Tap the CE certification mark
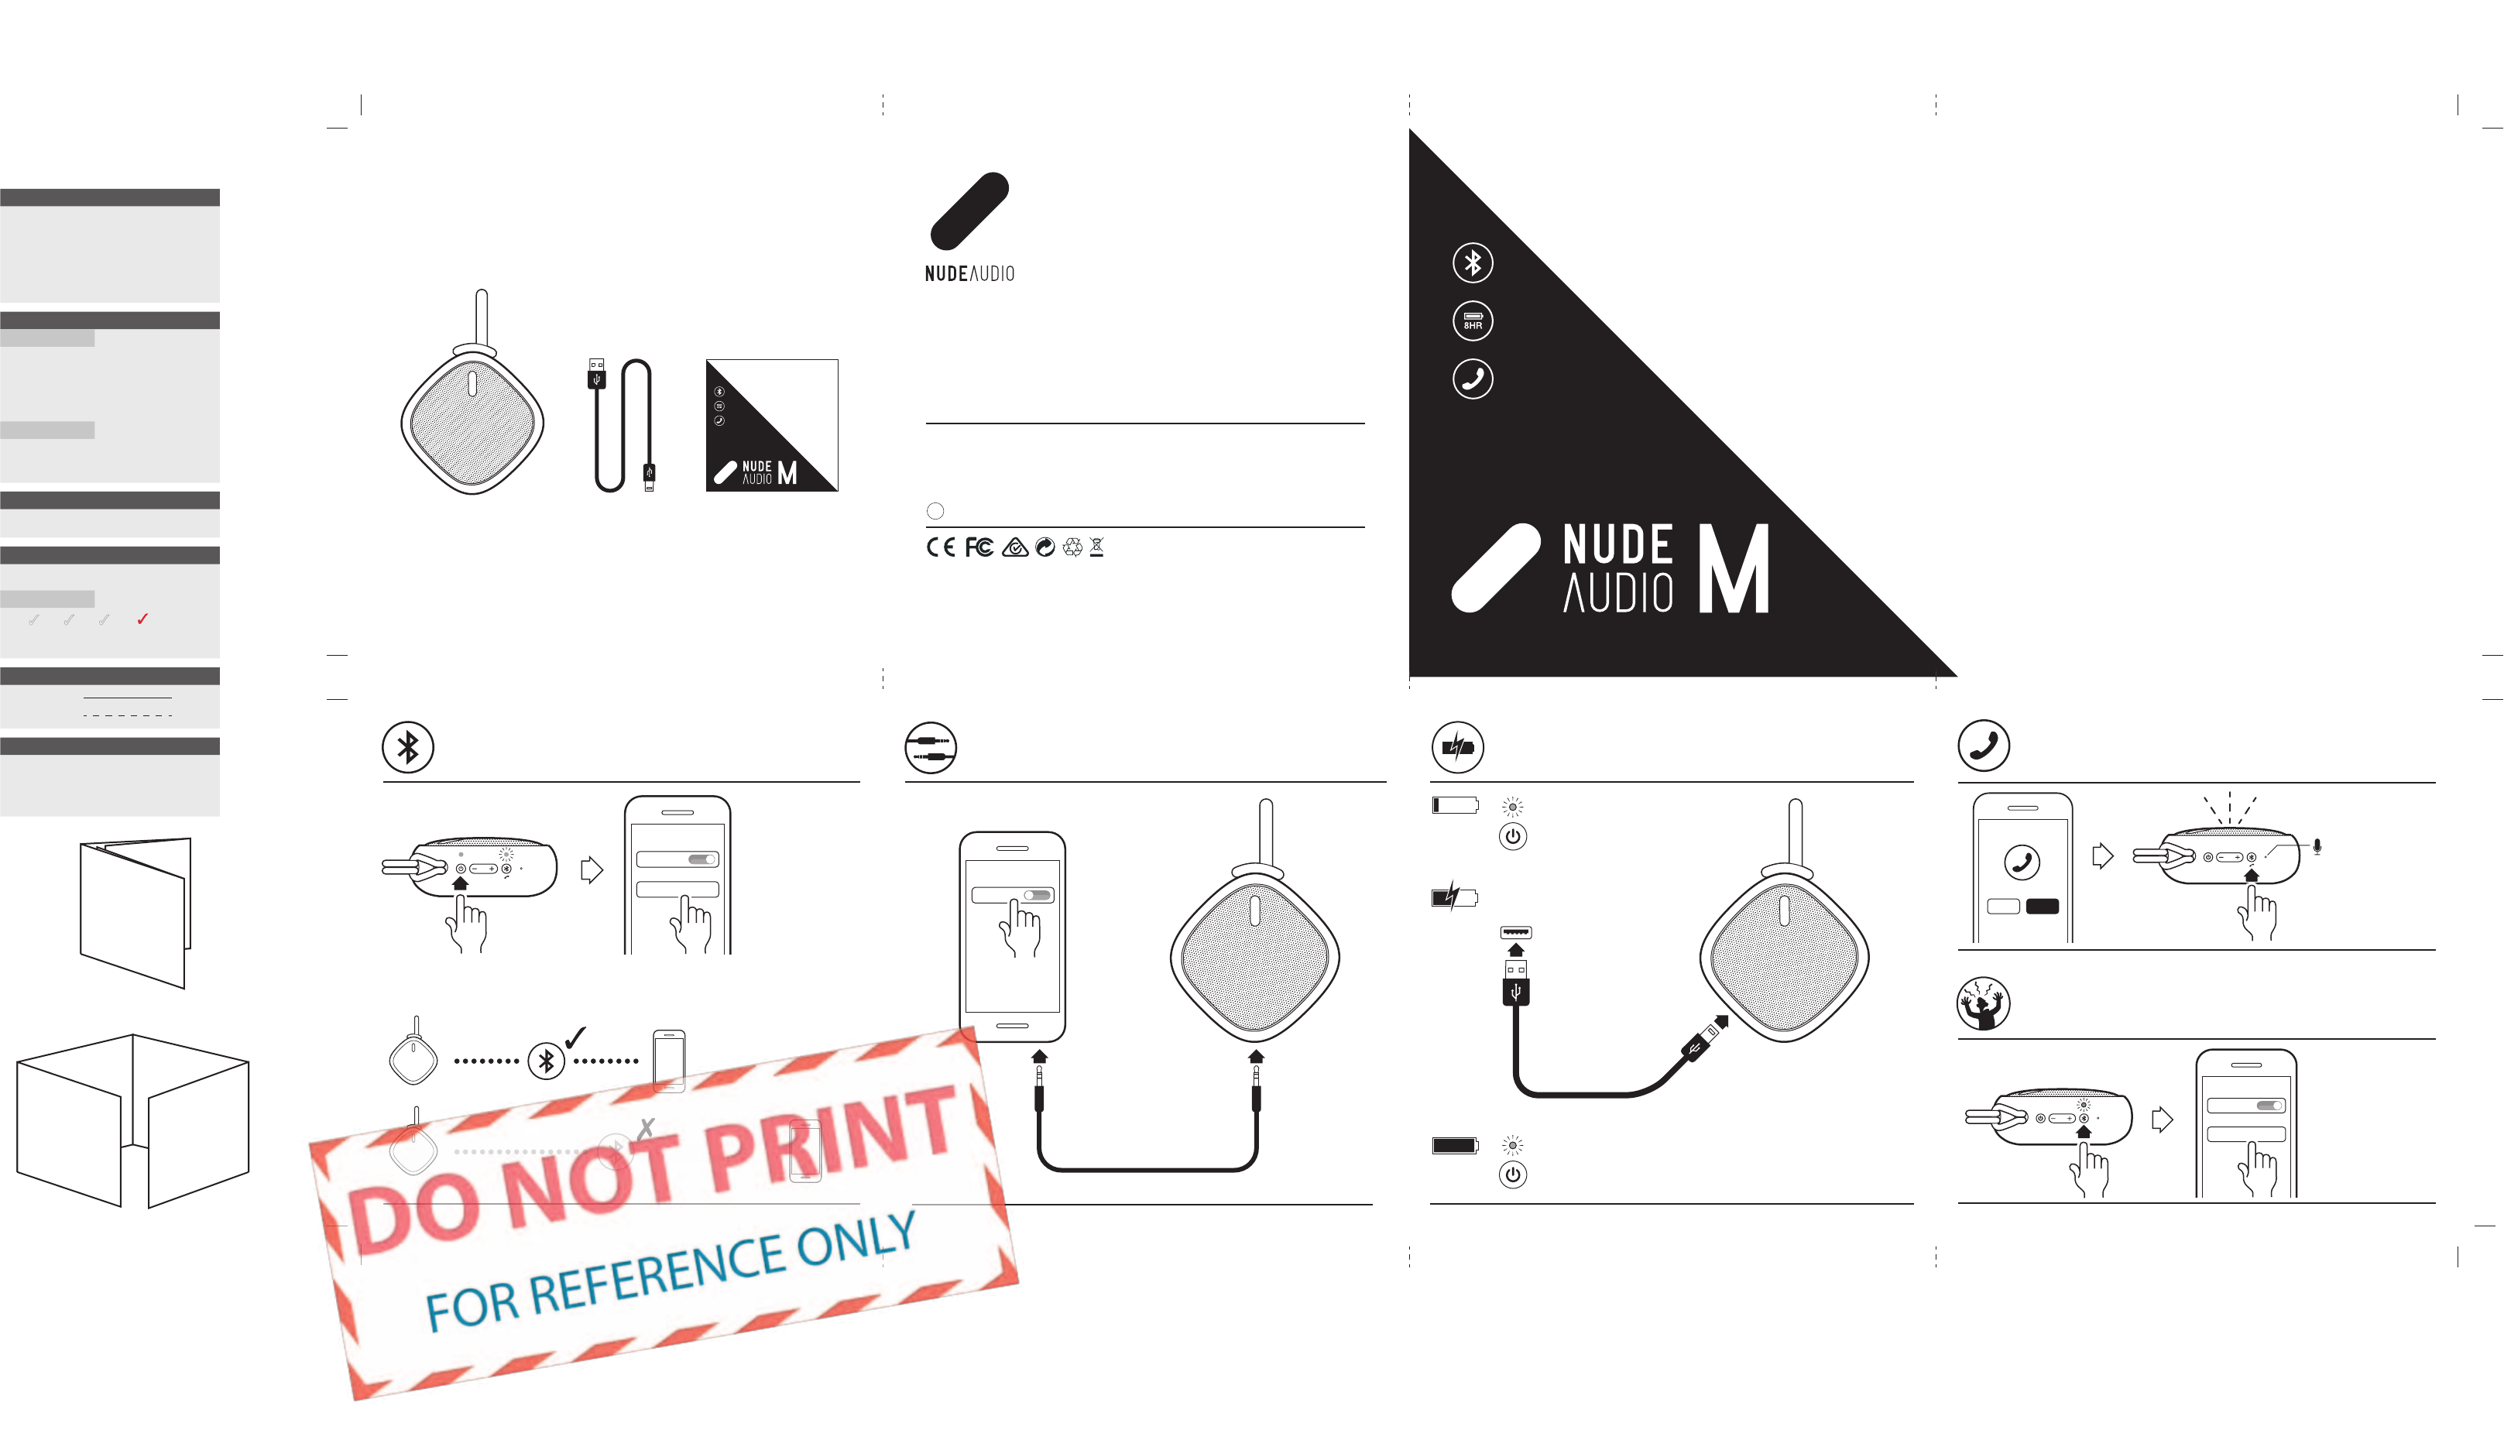940,547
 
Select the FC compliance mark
979,547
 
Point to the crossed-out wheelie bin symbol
1097,547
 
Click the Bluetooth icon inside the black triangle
1473,262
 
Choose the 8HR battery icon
1473,321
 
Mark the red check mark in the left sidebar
142,619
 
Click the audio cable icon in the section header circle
931,747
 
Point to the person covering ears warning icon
1984,1003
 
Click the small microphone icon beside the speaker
2317,847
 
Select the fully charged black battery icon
1455,1145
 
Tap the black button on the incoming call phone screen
2042,907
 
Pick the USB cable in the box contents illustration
623,425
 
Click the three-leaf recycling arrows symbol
1072,547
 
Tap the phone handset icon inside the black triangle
1473,379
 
